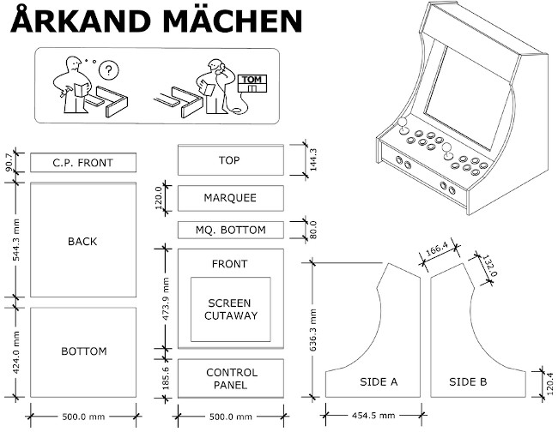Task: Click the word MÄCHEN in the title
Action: (x=233, y=21)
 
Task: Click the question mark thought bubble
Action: (x=108, y=70)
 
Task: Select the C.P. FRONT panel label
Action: (x=82, y=163)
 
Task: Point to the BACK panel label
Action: (x=82, y=242)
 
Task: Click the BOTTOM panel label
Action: (x=84, y=351)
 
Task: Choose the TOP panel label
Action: (x=229, y=160)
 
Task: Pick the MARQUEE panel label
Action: (x=230, y=198)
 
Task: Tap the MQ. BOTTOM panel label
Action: (x=231, y=231)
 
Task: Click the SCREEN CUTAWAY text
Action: (x=231, y=309)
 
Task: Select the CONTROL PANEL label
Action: (x=231, y=379)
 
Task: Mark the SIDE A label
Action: (x=379, y=382)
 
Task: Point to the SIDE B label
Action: (x=468, y=382)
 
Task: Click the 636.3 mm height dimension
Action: (x=312, y=330)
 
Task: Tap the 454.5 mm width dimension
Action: (x=373, y=416)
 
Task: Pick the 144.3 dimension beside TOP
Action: (x=313, y=159)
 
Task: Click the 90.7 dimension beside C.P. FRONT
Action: (x=9, y=162)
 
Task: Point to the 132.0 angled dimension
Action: (x=489, y=266)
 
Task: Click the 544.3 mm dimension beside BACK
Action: (x=16, y=240)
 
